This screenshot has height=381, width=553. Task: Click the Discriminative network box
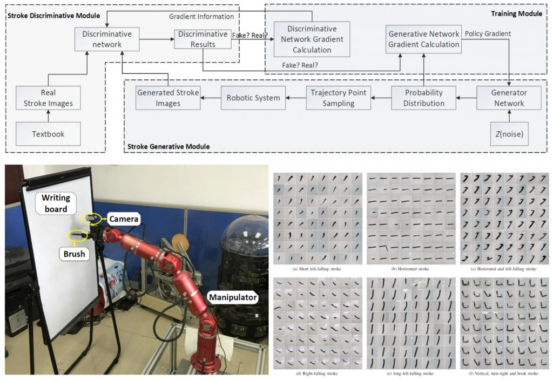[x=107, y=39]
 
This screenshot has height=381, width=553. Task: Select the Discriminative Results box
[x=203, y=39]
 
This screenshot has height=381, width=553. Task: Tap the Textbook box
[x=48, y=133]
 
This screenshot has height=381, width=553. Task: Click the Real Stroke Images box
[x=48, y=98]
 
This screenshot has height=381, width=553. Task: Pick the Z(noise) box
[x=509, y=133]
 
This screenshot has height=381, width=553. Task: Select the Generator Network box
[x=509, y=98]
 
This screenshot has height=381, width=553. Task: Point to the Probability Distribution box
[x=423, y=98]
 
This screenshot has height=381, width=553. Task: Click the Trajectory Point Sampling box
[x=338, y=98]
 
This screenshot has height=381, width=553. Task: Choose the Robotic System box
[x=253, y=98]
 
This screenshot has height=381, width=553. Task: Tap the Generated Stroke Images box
[x=168, y=98]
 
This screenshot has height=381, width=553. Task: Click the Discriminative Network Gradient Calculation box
[x=312, y=39]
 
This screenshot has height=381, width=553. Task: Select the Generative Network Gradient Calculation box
[x=424, y=39]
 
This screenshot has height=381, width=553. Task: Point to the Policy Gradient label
[x=488, y=33]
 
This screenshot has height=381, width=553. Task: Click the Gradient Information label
[x=201, y=17]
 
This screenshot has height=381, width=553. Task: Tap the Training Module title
[x=516, y=13]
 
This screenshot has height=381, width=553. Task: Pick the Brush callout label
[x=75, y=254]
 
